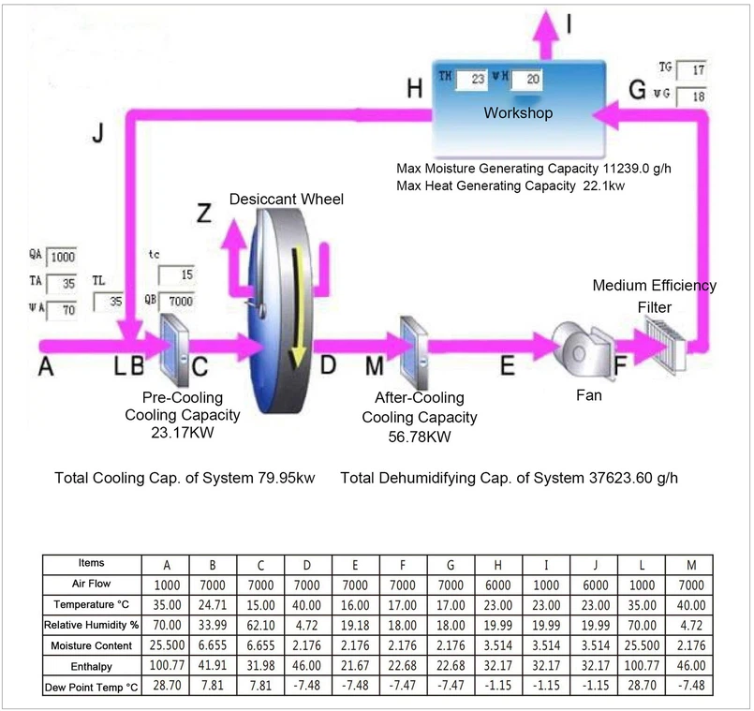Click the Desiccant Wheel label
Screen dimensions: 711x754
(287, 199)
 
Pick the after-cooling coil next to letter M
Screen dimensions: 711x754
(414, 347)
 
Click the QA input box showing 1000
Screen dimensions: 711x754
(64, 257)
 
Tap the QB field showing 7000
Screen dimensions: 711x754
(175, 302)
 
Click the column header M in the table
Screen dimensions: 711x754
(689, 565)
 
